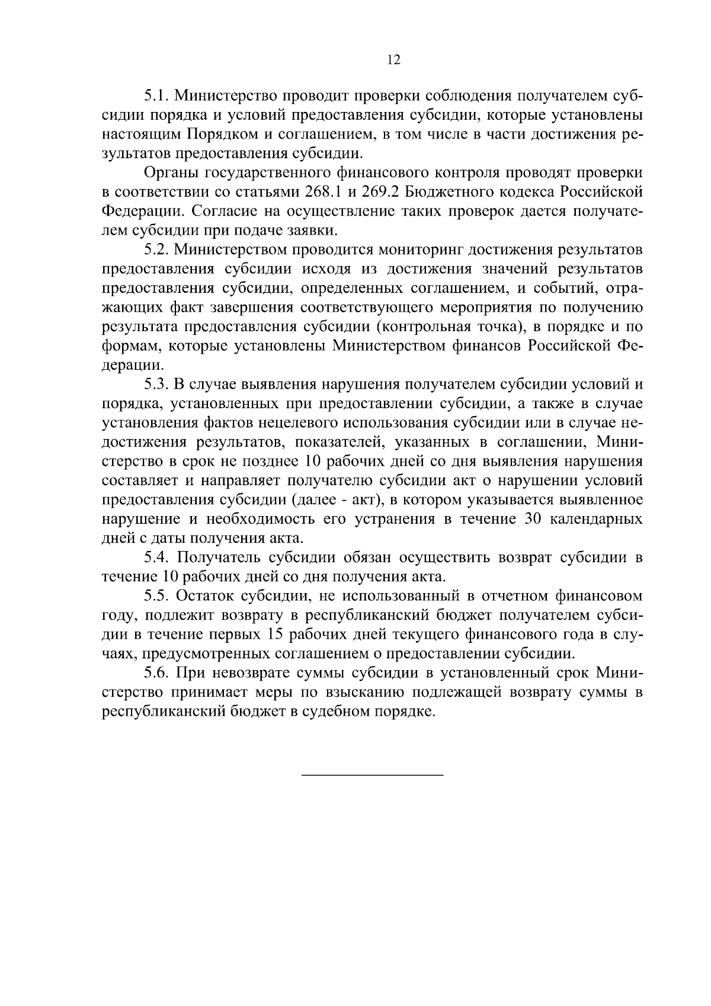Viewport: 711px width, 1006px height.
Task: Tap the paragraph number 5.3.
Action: tap(156, 385)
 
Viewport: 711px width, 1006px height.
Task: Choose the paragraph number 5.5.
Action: tap(156, 596)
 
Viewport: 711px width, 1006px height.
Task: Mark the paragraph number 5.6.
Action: tap(156, 673)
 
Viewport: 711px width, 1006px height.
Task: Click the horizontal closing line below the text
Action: tap(373, 774)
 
